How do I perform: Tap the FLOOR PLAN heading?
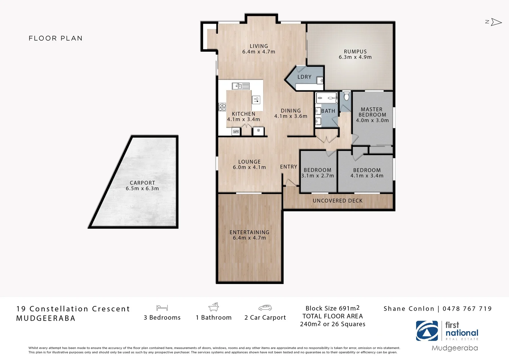pyautogui.click(x=56, y=38)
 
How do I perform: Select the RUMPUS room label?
pyautogui.click(x=355, y=52)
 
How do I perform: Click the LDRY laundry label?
pyautogui.click(x=304, y=77)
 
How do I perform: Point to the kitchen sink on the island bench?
pyautogui.click(x=241, y=86)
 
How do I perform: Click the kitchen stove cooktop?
pyautogui.click(x=222, y=107)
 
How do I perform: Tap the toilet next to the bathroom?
pyautogui.click(x=346, y=96)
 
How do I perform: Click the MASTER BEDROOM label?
pyautogui.click(x=372, y=112)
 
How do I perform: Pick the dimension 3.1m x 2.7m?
pyautogui.click(x=317, y=176)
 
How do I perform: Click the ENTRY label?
pyautogui.click(x=288, y=167)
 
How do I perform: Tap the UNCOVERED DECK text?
pyautogui.click(x=337, y=201)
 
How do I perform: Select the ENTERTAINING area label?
pyautogui.click(x=249, y=232)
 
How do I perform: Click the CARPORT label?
pyautogui.click(x=142, y=183)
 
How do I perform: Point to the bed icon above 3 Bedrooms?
pyautogui.click(x=162, y=308)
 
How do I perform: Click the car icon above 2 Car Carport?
pyautogui.click(x=265, y=308)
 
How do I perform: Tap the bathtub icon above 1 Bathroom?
pyautogui.click(x=214, y=307)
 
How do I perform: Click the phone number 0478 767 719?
pyautogui.click(x=467, y=309)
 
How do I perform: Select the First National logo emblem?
pyautogui.click(x=427, y=331)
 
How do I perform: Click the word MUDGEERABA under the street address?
pyautogui.click(x=46, y=318)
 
